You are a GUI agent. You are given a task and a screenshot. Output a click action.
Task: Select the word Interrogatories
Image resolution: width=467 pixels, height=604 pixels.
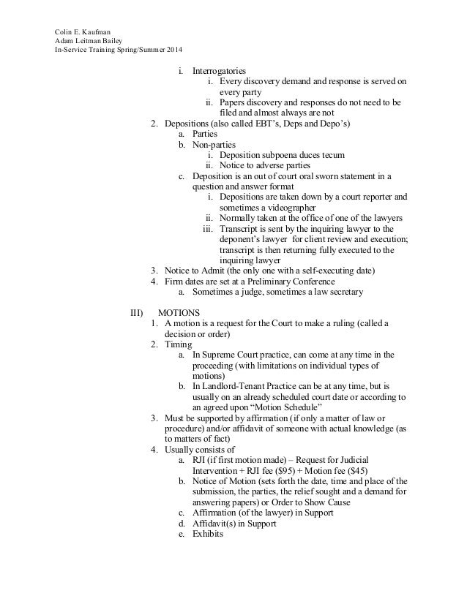219,72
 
